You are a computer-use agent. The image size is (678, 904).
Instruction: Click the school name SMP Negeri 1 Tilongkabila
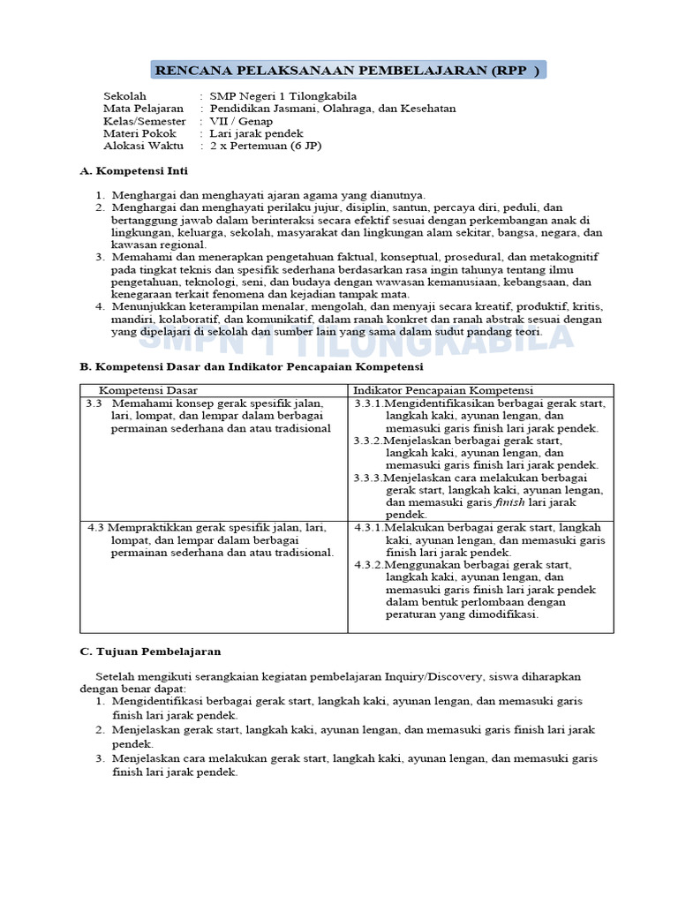tap(274, 95)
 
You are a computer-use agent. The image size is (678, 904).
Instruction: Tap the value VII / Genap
tap(241, 121)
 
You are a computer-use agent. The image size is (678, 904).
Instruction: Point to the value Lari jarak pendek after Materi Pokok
tap(256, 133)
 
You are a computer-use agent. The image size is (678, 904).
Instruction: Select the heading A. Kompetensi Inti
tap(133, 170)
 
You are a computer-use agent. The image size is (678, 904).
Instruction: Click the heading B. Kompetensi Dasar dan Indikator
tap(251, 365)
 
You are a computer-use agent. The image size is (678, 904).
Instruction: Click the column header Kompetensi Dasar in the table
tap(147, 390)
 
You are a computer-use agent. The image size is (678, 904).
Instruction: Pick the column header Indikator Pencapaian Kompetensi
tap(443, 390)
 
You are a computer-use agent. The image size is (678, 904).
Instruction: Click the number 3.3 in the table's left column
tap(94, 403)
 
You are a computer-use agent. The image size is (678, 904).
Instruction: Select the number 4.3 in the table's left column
tap(97, 527)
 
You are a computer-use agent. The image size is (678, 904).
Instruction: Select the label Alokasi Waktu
tap(141, 146)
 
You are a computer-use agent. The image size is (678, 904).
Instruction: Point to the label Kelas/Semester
tap(145, 121)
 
